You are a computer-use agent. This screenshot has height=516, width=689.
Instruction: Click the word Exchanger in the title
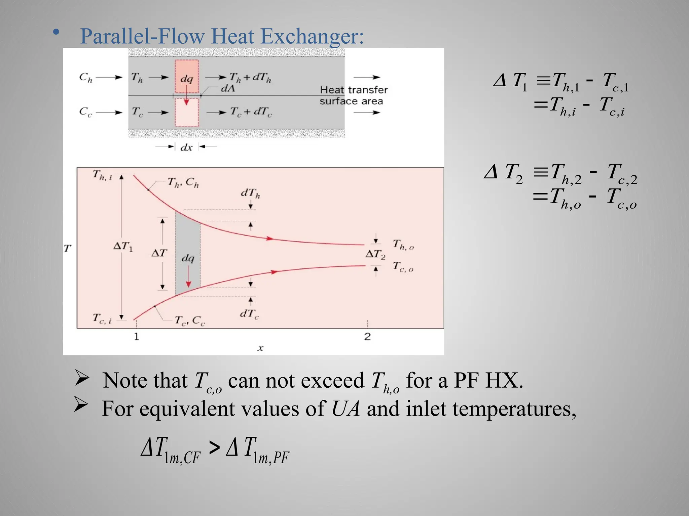[312, 36]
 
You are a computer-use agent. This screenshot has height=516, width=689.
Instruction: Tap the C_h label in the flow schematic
[85, 78]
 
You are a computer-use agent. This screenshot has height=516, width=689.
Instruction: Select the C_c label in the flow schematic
[85, 112]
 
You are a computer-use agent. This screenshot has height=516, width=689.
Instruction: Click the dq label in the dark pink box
[186, 79]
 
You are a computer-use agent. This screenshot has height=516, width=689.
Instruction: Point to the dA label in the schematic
[228, 88]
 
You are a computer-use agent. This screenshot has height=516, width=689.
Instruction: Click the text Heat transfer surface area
[353, 95]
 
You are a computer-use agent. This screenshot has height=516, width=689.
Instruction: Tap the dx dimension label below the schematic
[186, 147]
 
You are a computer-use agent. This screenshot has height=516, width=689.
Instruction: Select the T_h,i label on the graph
[102, 175]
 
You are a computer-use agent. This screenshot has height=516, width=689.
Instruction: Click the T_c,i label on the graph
[102, 318]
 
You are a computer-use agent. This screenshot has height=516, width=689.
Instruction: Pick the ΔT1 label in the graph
[123, 247]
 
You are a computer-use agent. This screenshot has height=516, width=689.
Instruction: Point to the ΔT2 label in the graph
[375, 254]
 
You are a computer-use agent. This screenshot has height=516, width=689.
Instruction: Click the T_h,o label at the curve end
[403, 245]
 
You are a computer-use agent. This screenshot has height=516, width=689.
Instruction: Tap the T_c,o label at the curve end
[403, 267]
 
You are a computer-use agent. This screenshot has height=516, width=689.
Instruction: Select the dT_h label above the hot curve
[250, 193]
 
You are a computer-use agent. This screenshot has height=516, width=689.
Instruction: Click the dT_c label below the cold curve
[249, 314]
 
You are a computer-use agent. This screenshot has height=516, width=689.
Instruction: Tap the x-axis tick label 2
[367, 336]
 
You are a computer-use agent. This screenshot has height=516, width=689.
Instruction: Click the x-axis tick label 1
[136, 336]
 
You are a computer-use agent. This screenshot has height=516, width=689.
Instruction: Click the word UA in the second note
[346, 409]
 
